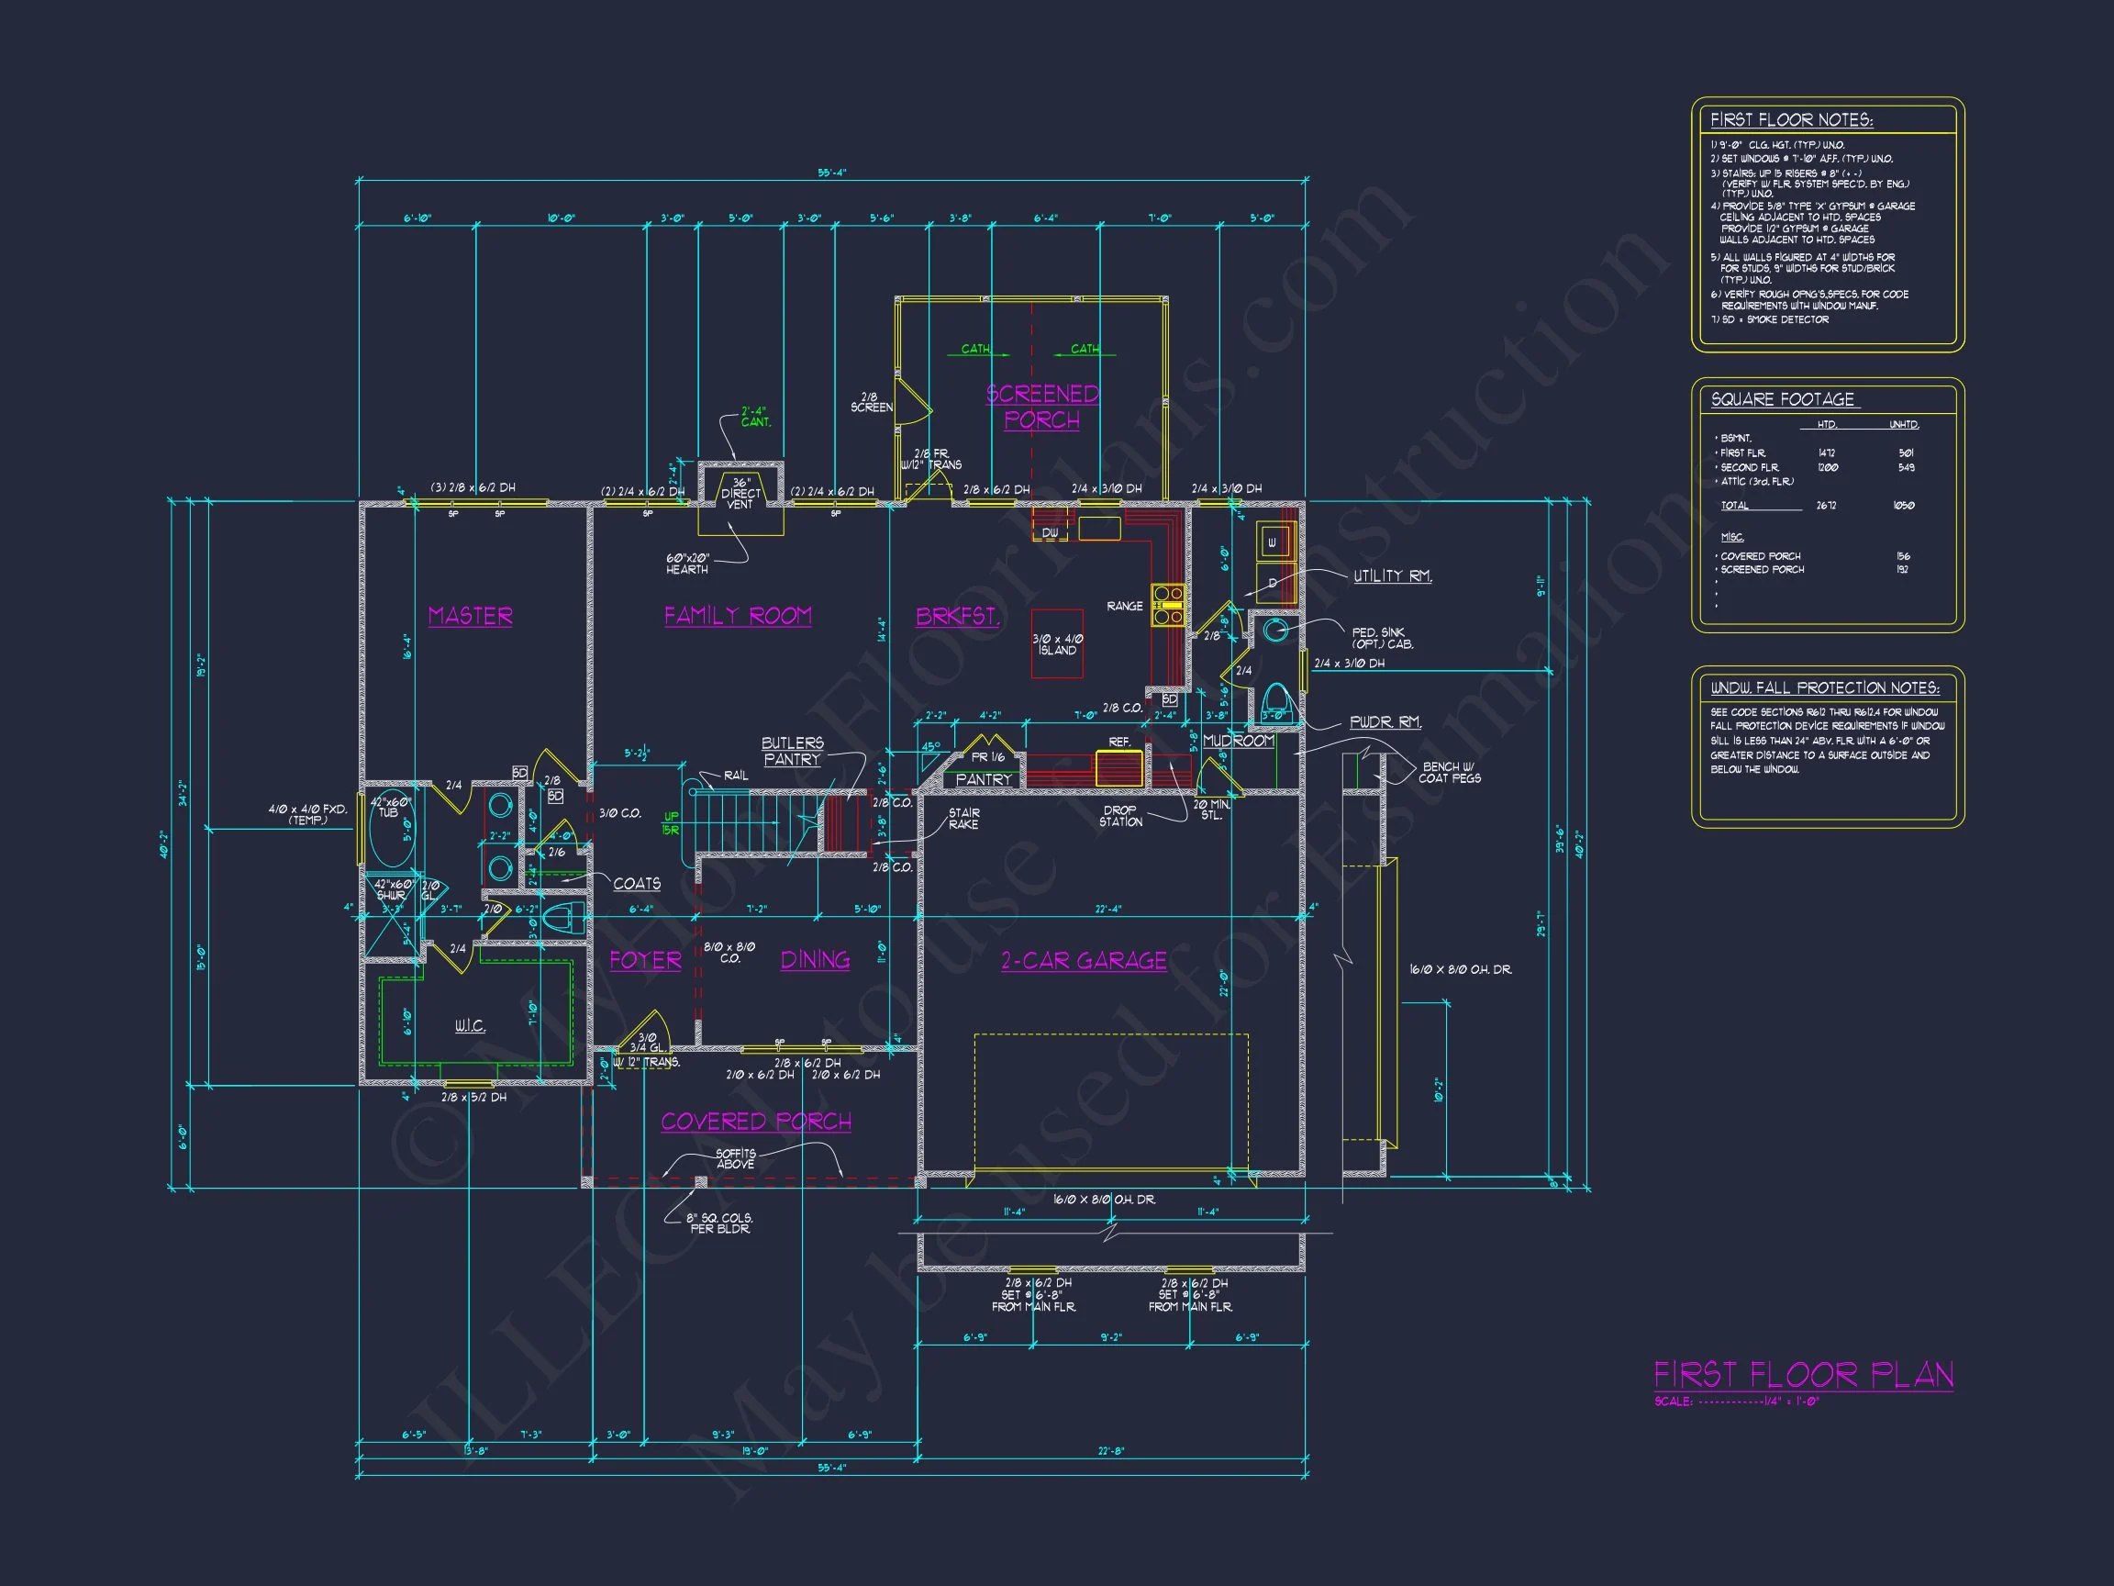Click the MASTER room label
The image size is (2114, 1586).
[470, 616]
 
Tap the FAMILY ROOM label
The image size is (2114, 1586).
[738, 616]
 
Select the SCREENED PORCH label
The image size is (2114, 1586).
[1041, 408]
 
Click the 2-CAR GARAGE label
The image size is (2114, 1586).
[1084, 961]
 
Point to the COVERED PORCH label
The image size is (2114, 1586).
[756, 1122]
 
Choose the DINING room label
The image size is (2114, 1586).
[815, 960]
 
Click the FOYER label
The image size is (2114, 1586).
[646, 960]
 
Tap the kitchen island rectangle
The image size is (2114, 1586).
[1057, 644]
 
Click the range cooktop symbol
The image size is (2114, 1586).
[1168, 605]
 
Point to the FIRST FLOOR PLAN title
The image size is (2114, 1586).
[1803, 1376]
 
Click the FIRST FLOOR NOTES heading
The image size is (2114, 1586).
[1791, 120]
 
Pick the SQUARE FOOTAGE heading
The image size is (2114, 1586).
[1783, 399]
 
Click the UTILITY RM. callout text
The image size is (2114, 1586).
[1393, 575]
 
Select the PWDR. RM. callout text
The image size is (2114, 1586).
[1385, 722]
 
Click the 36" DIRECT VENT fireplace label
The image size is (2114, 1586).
[740, 493]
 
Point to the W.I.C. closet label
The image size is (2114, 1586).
[469, 1027]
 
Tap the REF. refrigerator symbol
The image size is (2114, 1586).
[1119, 767]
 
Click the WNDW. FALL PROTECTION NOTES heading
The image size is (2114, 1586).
[1824, 688]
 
